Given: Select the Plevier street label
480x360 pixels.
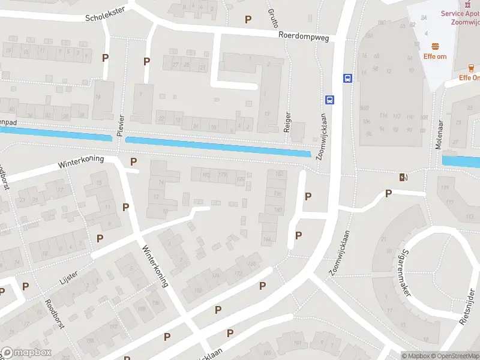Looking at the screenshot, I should pyautogui.click(x=121, y=125).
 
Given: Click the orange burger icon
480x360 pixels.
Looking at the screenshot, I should pyautogui.click(x=436, y=46).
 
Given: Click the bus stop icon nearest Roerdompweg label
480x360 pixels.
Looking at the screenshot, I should pyautogui.click(x=347, y=78).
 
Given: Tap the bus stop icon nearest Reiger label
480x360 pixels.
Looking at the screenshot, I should pyautogui.click(x=329, y=100).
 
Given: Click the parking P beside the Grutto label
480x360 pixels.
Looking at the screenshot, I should pyautogui.click(x=248, y=19).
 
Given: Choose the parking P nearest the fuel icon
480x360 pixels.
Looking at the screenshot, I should pyautogui.click(x=389, y=193).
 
